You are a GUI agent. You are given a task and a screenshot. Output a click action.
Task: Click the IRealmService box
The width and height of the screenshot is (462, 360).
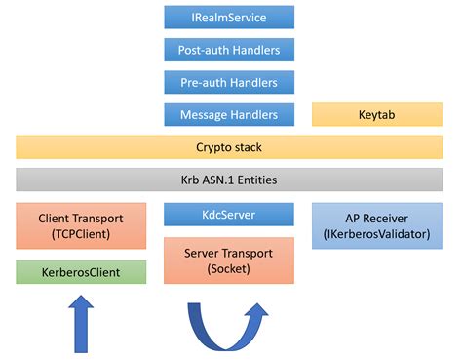(229, 18)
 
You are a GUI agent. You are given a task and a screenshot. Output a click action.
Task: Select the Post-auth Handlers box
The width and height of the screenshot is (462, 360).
(229, 50)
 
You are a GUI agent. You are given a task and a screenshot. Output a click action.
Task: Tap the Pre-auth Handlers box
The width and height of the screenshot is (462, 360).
(229, 82)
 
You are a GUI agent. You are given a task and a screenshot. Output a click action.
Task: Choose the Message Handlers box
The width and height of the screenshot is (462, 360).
(229, 114)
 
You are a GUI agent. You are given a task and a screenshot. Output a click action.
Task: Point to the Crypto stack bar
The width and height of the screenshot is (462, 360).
(230, 147)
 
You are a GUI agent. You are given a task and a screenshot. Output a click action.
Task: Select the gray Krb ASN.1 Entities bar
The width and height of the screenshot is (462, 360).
(230, 180)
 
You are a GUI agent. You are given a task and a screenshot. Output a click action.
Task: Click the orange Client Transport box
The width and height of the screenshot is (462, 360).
(81, 227)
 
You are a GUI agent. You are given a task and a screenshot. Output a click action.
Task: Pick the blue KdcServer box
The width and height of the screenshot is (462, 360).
(229, 215)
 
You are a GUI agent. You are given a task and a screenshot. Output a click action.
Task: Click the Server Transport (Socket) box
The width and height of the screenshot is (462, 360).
(229, 260)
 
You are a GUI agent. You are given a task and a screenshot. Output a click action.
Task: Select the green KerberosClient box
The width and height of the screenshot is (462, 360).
(81, 272)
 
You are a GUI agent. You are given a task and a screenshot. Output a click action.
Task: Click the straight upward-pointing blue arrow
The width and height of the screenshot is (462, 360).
(80, 326)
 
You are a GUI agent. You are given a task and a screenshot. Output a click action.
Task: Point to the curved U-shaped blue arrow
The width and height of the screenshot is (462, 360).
(230, 327)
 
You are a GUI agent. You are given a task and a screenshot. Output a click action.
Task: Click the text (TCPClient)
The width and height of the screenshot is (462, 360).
(81, 236)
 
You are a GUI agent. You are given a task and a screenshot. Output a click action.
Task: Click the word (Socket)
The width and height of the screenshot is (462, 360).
(229, 269)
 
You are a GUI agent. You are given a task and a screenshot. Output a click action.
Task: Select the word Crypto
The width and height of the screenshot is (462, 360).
(214, 147)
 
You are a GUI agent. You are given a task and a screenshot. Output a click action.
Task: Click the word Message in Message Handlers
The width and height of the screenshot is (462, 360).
(205, 114)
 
